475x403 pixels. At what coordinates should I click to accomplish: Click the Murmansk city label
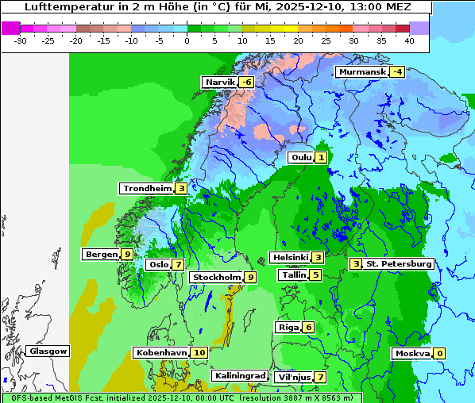pos(362,72)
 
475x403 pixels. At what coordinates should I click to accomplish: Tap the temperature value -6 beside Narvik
pos(247,82)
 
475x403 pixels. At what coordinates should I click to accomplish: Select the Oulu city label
pos(301,158)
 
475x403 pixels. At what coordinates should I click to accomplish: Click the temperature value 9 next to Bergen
pos(127,255)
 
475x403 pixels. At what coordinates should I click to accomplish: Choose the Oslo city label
pos(158,265)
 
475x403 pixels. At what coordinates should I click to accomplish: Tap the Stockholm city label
pos(215,278)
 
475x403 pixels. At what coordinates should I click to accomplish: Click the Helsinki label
pos(289,257)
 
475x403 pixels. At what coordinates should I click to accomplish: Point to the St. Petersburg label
pos(398,263)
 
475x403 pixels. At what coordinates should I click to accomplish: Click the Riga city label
pos(288,327)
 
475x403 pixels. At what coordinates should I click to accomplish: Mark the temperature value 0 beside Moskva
pos(439,353)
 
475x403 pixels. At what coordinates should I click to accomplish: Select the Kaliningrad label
pos(239,375)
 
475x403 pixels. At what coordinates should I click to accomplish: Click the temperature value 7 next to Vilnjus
pos(320,377)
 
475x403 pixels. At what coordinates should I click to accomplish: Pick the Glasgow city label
pos(48,351)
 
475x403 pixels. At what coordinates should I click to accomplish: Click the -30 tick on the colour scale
pos(21,40)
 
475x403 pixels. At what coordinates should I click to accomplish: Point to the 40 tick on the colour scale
pos(409,40)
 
